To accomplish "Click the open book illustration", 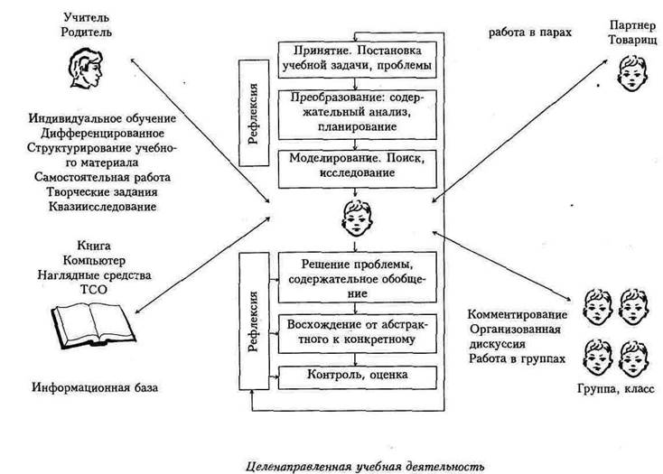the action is click(x=93, y=325).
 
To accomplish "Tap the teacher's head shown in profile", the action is click(x=85, y=68).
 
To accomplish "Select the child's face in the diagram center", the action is click(x=357, y=218).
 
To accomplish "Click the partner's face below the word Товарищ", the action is click(x=633, y=72).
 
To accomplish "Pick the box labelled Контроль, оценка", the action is click(x=358, y=377).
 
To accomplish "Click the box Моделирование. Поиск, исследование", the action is click(x=358, y=169).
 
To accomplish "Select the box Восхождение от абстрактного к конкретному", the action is click(x=358, y=334).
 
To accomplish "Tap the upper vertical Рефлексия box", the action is click(x=254, y=113).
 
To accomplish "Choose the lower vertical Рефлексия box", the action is click(x=254, y=321).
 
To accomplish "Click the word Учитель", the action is click(x=86, y=17).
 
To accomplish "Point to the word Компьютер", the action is click(x=94, y=260).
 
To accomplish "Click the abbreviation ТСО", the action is click(x=93, y=290).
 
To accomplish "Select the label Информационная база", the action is click(x=95, y=387).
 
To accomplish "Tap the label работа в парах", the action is click(x=530, y=33).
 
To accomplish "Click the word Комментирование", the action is click(x=518, y=315).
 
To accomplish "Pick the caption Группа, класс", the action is click(x=616, y=389).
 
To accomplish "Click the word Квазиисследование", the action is click(x=102, y=207).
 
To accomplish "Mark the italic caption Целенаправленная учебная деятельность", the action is click(x=365, y=467).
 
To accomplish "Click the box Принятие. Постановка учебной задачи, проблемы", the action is click(x=358, y=60).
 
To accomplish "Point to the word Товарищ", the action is click(x=632, y=40).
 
